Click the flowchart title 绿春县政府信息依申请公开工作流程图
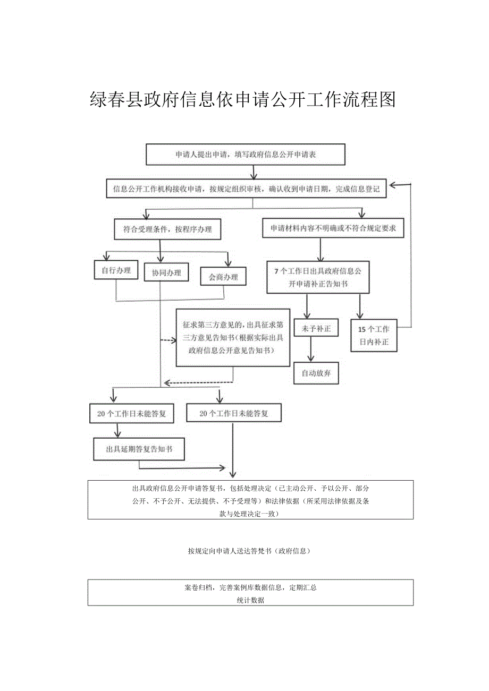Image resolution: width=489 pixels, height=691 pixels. click(x=243, y=99)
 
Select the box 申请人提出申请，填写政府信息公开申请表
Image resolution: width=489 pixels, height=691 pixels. click(x=253, y=155)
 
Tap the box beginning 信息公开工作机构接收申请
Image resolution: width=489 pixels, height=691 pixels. click(x=246, y=189)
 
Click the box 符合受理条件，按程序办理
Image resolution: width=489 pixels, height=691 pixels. click(x=167, y=229)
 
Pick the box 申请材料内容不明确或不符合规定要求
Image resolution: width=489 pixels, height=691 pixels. click(x=333, y=228)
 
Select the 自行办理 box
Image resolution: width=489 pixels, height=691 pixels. click(x=116, y=270)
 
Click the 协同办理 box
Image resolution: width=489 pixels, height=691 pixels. click(x=166, y=273)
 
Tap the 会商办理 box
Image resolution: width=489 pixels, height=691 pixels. click(x=223, y=277)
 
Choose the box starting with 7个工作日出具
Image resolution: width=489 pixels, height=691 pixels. click(x=318, y=277)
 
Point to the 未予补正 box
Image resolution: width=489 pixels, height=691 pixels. click(x=316, y=329)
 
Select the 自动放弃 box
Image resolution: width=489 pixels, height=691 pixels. click(x=316, y=373)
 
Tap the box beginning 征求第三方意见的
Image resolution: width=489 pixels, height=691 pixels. click(x=233, y=337)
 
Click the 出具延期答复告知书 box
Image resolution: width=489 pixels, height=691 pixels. click(x=139, y=449)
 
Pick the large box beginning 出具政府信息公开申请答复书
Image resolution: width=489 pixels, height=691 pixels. click(x=250, y=500)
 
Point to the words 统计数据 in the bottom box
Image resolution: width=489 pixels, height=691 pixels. click(x=250, y=600)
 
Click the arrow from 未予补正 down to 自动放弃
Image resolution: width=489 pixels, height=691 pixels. click(x=311, y=351)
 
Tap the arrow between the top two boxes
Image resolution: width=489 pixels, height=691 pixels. click(x=254, y=172)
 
